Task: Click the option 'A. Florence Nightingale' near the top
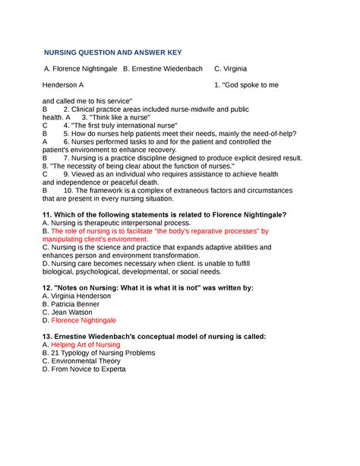pyautogui.click(x=81, y=69)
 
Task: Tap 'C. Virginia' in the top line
pyautogui.click(x=231, y=69)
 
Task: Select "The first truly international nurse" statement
pyautogui.click(x=125, y=125)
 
